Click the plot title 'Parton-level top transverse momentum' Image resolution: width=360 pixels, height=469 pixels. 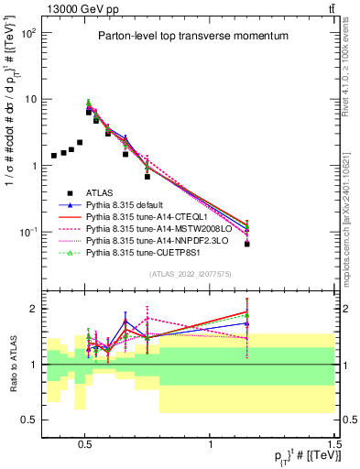pyautogui.click(x=180, y=36)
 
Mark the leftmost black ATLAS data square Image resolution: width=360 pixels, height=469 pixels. pyautogui.click(x=54, y=156)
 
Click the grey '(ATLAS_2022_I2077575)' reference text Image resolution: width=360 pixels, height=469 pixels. pyautogui.click(x=188, y=273)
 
